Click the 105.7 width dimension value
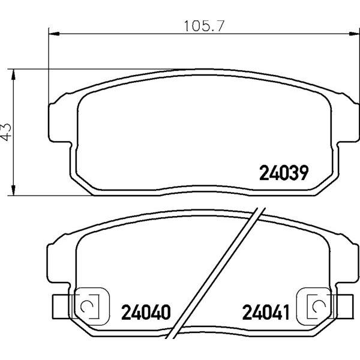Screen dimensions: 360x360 tap(204, 26)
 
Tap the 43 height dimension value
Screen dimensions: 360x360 tap(6, 132)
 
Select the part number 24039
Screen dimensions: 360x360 tap(284, 173)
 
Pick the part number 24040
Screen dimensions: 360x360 tap(146, 312)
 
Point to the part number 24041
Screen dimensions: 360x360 tap(266, 312)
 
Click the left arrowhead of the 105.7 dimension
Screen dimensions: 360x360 tap(54, 34)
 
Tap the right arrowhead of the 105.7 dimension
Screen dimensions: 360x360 tap(354, 34)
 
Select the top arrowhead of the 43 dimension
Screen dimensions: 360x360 tap(14, 74)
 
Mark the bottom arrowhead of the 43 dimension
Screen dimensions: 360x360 tap(14, 190)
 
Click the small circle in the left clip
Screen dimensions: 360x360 tap(86, 306)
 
